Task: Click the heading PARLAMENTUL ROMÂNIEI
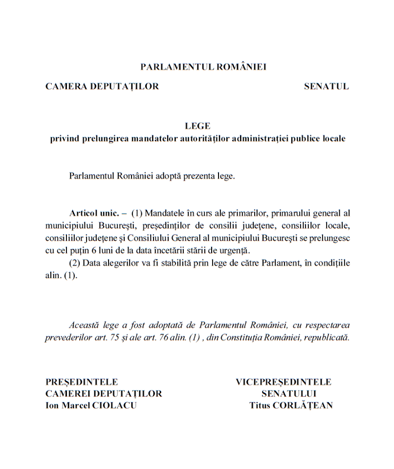click(203, 67)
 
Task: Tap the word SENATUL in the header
click(326, 86)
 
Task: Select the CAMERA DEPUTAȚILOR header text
click(102, 86)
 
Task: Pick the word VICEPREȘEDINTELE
click(284, 382)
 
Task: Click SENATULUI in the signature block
click(289, 394)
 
